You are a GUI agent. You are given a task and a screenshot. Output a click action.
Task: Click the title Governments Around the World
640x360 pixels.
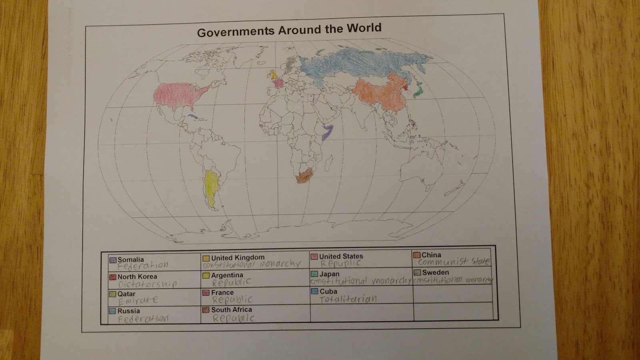[289, 30]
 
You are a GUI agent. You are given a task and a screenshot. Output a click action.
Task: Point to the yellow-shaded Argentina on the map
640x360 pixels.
[211, 188]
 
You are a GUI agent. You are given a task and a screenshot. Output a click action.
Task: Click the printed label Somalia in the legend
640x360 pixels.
[130, 259]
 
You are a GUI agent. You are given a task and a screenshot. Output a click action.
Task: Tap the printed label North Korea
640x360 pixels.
[137, 276]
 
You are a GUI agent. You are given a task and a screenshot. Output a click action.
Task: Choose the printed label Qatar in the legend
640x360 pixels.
[126, 294]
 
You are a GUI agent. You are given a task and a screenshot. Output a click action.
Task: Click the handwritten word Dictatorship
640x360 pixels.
[147, 284]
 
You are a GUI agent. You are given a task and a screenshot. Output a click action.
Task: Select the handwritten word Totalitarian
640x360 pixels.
[348, 299]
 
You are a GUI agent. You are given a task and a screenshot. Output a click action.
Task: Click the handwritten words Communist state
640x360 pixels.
[454, 262]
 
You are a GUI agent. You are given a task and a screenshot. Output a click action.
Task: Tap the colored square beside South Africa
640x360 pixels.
[206, 310]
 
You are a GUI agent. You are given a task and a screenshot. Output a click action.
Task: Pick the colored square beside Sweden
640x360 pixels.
[417, 272]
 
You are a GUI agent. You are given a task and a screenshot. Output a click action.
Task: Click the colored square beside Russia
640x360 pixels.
[112, 311]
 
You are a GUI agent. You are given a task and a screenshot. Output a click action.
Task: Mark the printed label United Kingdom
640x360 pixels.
[238, 258]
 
